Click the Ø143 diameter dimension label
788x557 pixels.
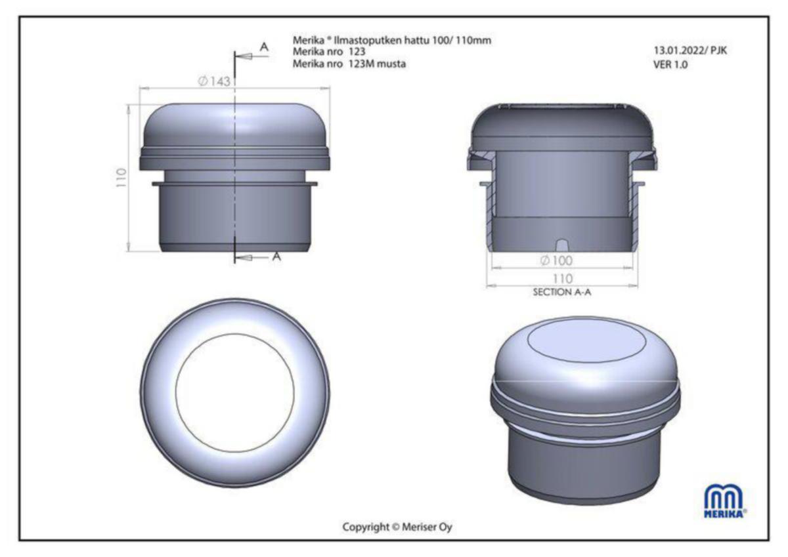point(214,81)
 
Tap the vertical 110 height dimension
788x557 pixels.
point(121,178)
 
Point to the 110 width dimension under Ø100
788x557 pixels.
point(563,279)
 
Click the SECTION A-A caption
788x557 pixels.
point(562,292)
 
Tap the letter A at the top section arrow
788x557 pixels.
point(264,47)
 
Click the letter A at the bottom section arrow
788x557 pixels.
point(277,257)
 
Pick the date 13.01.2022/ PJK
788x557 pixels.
point(690,51)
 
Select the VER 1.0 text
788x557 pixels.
point(670,65)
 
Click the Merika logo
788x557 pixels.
point(725,502)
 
